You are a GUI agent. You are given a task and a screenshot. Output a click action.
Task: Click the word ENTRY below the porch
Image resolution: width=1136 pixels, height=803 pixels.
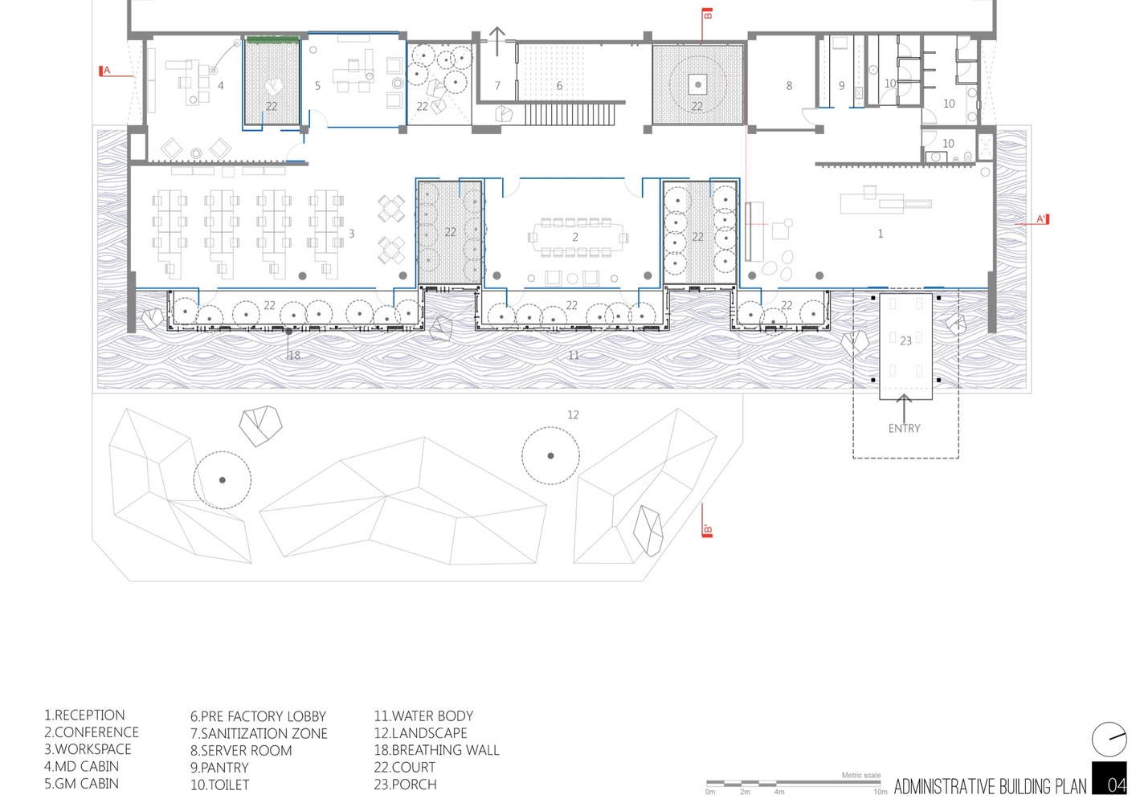tap(905, 428)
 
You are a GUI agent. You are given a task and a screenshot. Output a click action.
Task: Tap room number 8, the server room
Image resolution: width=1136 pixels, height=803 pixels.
tap(789, 86)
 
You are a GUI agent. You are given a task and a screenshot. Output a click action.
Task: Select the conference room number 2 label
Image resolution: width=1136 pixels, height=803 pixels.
tap(575, 237)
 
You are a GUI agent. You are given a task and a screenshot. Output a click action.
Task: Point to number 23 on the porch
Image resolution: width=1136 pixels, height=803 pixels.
tap(905, 340)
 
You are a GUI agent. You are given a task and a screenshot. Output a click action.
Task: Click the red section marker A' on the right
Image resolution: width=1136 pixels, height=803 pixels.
tap(1042, 219)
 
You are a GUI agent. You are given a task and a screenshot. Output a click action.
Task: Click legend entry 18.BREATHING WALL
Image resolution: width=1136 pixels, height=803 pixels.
tap(437, 750)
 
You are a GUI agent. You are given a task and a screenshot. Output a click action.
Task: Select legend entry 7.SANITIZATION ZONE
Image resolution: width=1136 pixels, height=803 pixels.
tap(259, 733)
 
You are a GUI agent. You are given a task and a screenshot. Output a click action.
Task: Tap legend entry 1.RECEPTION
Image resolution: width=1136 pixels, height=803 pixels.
tap(84, 715)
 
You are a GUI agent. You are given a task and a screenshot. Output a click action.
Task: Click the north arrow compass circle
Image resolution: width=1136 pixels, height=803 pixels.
tap(1109, 740)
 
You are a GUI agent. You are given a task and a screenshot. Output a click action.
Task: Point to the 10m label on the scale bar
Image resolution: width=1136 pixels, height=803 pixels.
tap(881, 792)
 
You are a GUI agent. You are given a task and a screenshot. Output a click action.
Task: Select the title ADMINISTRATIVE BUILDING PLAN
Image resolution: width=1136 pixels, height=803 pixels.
tap(990, 786)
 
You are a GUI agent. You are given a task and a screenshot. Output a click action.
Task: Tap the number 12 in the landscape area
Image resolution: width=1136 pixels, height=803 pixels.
tap(573, 414)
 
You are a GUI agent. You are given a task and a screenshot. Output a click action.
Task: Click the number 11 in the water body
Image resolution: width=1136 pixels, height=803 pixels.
tap(574, 355)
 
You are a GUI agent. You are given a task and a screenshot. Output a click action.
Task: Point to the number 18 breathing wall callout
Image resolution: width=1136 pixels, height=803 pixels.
tap(294, 355)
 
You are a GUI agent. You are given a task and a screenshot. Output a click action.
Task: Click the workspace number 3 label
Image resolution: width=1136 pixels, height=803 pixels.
tap(351, 234)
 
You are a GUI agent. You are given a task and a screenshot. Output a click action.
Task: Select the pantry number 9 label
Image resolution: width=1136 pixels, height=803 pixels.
tap(842, 86)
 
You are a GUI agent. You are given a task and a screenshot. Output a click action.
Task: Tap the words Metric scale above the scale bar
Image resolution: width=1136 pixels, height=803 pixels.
tap(861, 775)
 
